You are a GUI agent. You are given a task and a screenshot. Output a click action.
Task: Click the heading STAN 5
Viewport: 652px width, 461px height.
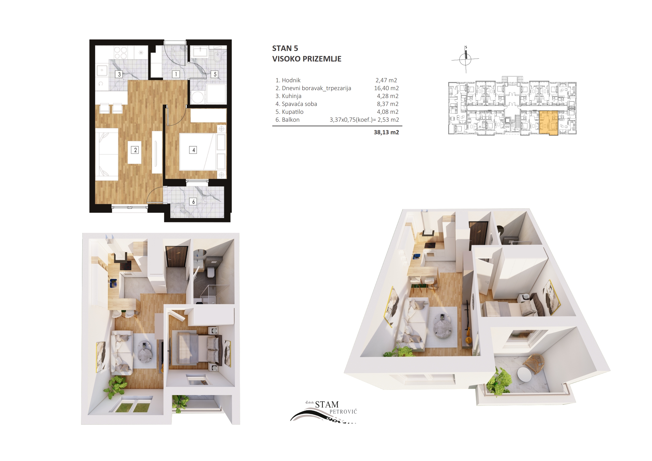[285, 48]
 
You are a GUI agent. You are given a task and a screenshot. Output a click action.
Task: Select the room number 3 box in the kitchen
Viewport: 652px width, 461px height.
[119, 74]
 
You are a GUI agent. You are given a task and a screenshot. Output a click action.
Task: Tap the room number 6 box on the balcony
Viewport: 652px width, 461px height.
[193, 201]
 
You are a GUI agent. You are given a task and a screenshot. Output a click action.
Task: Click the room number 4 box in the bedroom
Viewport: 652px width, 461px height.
[193, 150]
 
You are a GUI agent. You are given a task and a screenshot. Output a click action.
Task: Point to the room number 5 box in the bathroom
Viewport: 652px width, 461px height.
[215, 74]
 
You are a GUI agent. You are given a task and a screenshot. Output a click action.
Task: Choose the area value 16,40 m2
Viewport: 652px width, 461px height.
[386, 88]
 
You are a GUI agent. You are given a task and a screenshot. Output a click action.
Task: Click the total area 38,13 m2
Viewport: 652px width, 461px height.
[386, 132]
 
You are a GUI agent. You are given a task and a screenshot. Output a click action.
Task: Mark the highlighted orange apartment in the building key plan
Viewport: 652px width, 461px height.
[548, 123]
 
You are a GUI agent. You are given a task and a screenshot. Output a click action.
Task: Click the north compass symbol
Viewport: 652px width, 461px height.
[465, 59]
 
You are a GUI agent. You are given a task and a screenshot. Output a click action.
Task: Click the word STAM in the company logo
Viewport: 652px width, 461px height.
[327, 404]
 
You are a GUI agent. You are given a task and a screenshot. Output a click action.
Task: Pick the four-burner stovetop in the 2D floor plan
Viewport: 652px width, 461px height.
[120, 53]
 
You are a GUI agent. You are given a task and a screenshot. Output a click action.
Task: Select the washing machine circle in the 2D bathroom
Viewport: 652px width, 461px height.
[197, 97]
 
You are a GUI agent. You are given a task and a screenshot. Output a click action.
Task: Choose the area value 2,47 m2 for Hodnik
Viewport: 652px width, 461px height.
[386, 80]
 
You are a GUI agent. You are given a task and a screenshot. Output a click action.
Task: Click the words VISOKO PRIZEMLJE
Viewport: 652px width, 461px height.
[307, 59]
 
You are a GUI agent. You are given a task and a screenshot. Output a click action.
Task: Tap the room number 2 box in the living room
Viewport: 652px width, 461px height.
[135, 150]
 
